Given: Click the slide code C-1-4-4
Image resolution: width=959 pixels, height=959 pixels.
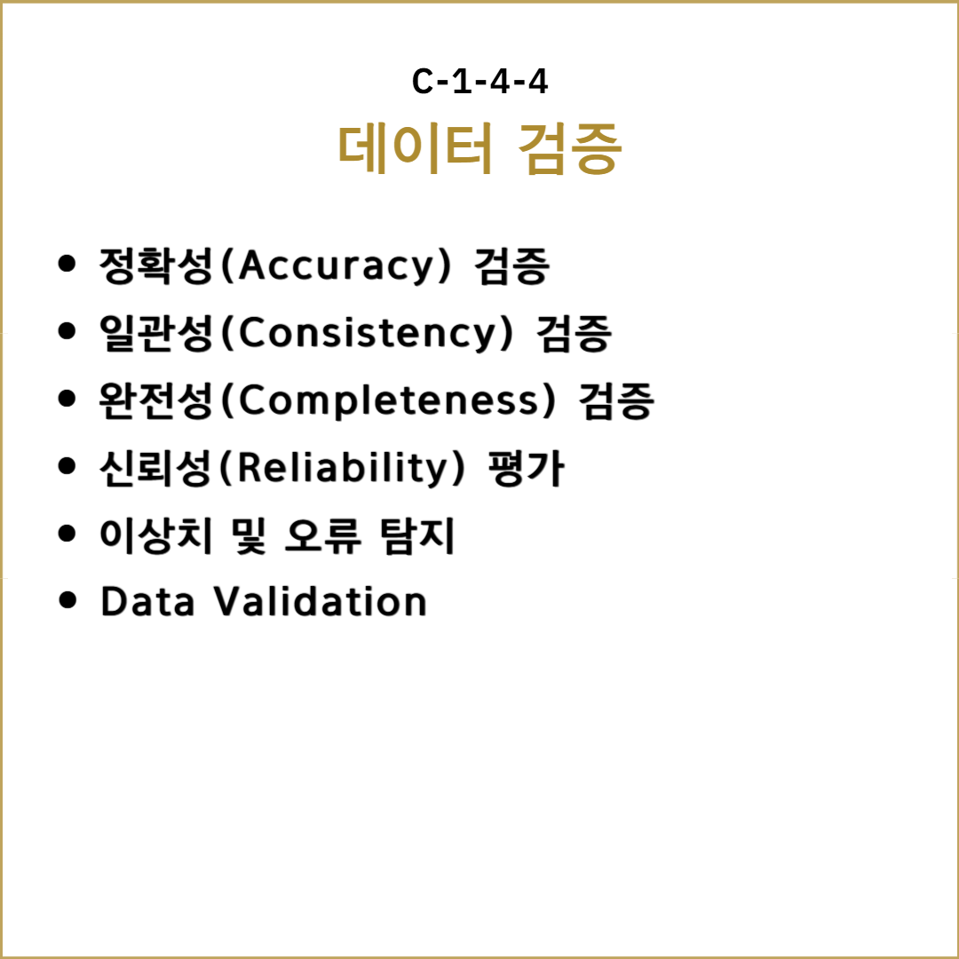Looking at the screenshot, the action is click(479, 82).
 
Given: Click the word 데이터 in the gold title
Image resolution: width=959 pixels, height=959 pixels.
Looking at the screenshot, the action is click(416, 148).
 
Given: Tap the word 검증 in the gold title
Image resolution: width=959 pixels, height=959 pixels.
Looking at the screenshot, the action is click(570, 149).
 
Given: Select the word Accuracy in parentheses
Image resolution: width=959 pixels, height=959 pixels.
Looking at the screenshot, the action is click(336, 266).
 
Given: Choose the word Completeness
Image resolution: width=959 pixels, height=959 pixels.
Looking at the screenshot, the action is click(388, 401).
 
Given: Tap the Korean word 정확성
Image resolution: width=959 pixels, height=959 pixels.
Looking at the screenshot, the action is click(156, 266).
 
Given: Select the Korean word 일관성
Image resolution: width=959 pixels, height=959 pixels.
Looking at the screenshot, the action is click(156, 333).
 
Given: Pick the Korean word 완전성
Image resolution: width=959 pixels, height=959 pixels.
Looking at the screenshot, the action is click(156, 400).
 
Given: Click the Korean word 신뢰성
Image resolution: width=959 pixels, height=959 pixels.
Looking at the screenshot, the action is click(156, 468).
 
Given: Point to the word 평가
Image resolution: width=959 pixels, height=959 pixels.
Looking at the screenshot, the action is click(526, 469).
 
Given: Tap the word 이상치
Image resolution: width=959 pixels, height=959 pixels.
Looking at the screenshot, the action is click(156, 535).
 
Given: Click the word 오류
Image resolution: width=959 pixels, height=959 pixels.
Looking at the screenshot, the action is click(323, 535).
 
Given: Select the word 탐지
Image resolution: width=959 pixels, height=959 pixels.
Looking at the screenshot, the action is click(417, 535).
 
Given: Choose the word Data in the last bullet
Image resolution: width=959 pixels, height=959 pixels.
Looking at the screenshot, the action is click(147, 601).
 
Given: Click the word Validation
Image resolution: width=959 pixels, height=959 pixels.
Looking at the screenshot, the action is click(320, 601).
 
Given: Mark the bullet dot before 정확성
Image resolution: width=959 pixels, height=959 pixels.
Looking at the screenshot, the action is click(67, 265).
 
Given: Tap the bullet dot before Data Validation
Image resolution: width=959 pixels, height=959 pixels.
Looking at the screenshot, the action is click(67, 600).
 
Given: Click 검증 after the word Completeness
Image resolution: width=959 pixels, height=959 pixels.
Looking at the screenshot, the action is click(616, 401).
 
